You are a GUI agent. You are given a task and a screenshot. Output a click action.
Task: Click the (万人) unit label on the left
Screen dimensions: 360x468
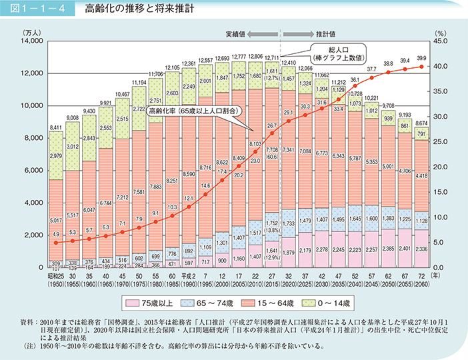[32, 31]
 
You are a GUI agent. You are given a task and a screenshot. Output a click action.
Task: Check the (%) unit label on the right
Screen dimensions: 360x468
[440, 31]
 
